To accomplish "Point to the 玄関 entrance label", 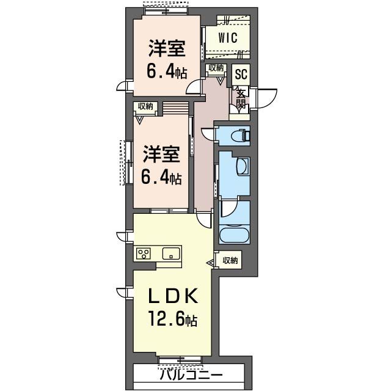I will (241, 99).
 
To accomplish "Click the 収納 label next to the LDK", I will (230, 261).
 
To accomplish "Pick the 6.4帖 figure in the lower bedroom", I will (163, 178).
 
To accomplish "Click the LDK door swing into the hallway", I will (203, 218).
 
